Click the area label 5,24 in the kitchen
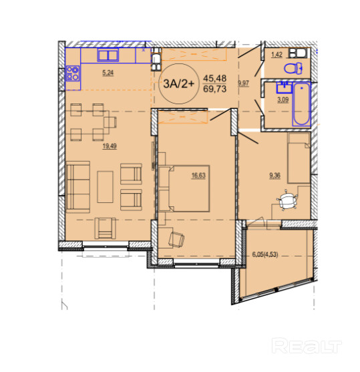108,73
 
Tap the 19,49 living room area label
110,146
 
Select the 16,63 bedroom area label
198,176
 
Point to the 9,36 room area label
275,176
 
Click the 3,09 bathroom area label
283,100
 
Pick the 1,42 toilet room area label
277,55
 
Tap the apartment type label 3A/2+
179,83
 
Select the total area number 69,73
215,89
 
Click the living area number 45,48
215,78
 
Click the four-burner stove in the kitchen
73,73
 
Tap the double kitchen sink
108,55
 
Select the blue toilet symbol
293,68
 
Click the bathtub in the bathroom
302,104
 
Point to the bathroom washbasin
284,87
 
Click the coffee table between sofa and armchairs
105,187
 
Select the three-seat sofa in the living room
78,187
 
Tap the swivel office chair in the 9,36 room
287,200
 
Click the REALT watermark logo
307,346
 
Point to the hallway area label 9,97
244,83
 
